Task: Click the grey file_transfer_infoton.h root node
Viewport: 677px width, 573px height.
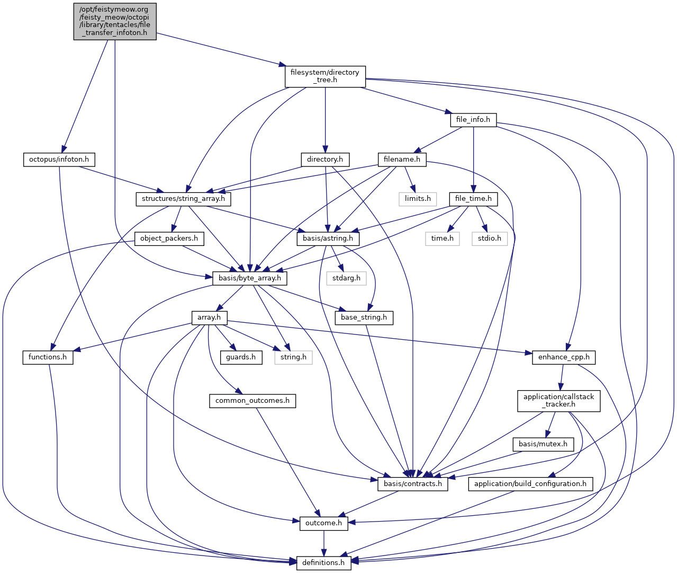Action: (x=115, y=21)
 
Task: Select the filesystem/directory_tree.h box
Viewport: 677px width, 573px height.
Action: (x=325, y=76)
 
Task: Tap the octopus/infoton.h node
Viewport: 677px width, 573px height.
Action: (x=59, y=160)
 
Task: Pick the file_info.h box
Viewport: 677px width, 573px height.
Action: (x=473, y=120)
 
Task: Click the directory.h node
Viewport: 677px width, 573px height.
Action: (x=325, y=160)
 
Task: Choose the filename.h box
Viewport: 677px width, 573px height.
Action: (x=402, y=160)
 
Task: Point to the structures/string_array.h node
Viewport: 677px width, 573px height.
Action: (x=183, y=199)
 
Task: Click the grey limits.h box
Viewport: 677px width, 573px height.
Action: (x=418, y=199)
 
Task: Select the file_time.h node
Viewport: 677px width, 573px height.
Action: (x=473, y=199)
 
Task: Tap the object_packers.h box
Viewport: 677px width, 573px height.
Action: (x=169, y=239)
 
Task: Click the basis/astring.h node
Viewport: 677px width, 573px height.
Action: (x=328, y=239)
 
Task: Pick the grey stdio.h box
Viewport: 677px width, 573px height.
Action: (x=490, y=239)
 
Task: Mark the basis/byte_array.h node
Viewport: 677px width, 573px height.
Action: (x=250, y=278)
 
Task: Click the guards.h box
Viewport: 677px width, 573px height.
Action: (x=241, y=357)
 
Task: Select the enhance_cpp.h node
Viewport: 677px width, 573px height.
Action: (x=563, y=357)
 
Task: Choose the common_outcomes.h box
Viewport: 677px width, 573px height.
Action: (x=252, y=401)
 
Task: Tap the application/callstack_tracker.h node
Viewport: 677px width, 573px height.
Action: (x=558, y=401)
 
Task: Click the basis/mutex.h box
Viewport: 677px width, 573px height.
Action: (x=543, y=444)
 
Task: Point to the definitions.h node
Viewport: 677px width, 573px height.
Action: (x=323, y=563)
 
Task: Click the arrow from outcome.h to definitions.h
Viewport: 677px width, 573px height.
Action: (x=324, y=543)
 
